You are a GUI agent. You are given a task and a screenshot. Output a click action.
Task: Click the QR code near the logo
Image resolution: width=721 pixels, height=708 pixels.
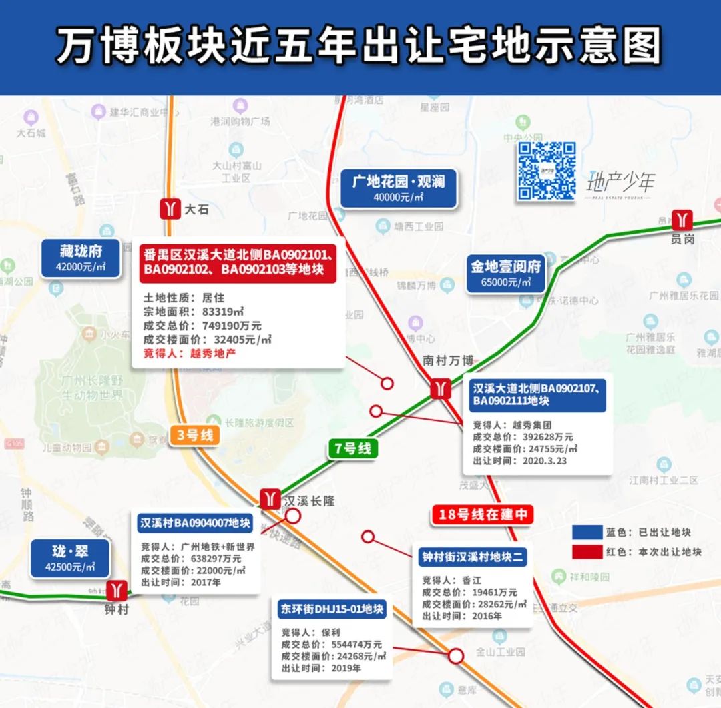click(547, 171)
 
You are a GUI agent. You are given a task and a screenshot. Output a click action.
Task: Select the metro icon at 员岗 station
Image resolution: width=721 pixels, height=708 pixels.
click(682, 220)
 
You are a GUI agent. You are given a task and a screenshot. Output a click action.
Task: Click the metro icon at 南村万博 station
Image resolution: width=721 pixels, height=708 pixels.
click(439, 388)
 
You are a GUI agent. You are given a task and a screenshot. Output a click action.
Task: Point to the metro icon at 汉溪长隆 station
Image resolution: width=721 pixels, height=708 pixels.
click(270, 498)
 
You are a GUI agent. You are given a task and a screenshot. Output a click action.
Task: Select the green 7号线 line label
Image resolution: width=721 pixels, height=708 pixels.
click(353, 448)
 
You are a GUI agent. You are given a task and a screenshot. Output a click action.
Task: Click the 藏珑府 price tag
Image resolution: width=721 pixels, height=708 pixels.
click(81, 258)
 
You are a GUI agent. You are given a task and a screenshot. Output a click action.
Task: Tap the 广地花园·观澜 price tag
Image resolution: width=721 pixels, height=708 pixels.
click(399, 188)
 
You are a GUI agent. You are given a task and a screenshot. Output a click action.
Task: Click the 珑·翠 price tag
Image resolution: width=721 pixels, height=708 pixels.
click(70, 559)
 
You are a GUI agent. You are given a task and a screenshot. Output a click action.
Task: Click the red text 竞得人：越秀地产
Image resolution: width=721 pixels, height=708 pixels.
click(190, 354)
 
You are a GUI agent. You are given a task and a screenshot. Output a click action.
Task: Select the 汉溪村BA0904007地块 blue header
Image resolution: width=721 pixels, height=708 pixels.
click(195, 523)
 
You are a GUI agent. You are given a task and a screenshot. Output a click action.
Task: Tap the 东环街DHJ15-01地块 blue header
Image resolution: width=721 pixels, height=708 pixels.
click(332, 609)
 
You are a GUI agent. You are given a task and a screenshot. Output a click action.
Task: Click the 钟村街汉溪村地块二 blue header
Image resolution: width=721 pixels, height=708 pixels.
click(471, 557)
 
